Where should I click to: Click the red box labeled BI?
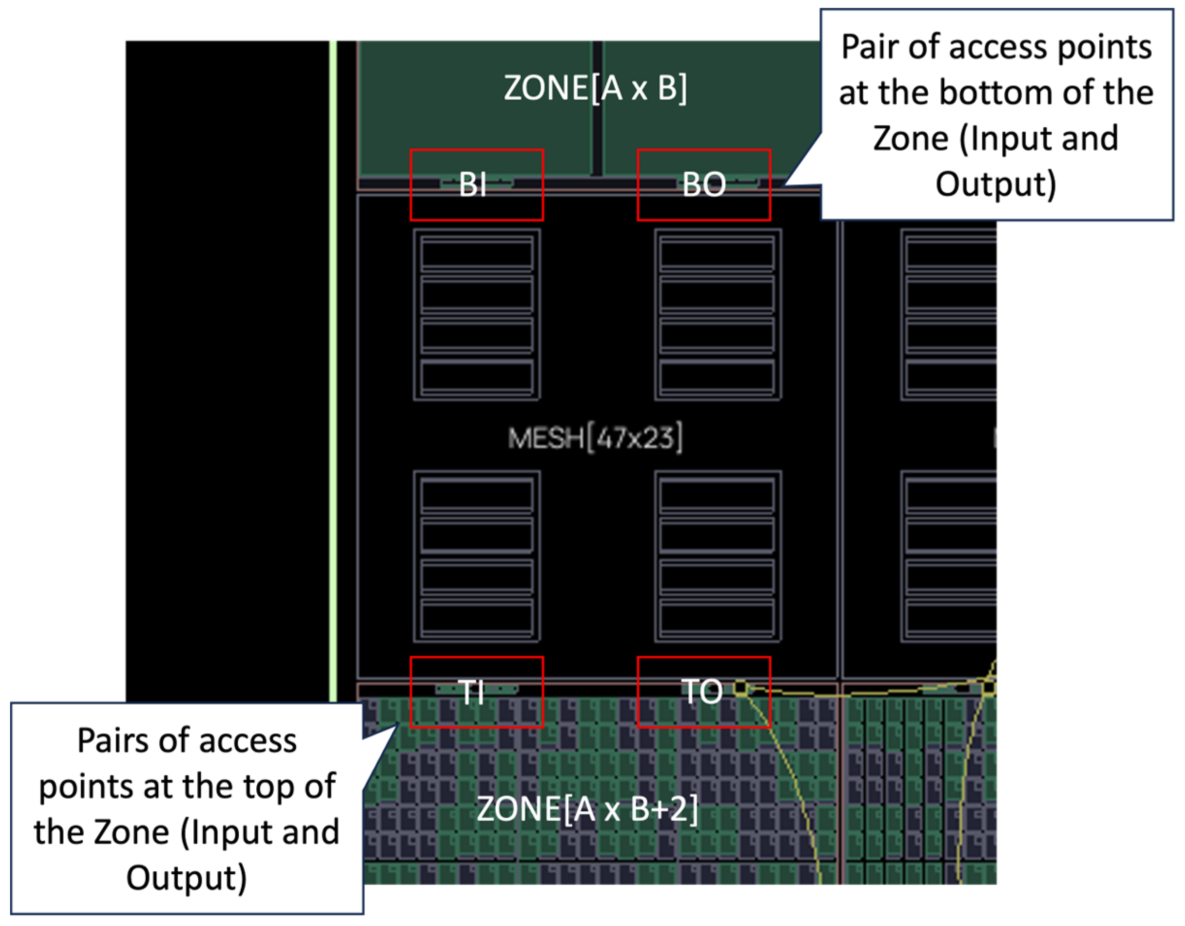476,185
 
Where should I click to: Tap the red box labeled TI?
476,692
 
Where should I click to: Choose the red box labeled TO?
704,692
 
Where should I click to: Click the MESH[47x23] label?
595,438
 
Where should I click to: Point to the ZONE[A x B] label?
595,88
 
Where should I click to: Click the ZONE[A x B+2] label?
587,809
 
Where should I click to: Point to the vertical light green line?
333,369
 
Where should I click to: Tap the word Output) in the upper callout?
996,185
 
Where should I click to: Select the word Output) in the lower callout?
186,878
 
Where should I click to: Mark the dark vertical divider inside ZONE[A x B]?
597,108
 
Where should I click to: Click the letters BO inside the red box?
704,185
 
